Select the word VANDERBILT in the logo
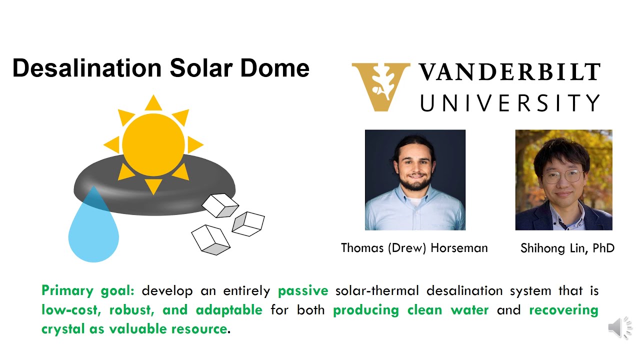pyautogui.click(x=509, y=72)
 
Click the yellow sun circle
pyautogui.click(x=153, y=144)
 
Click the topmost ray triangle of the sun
pyautogui.click(x=153, y=103)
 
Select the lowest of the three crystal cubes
pyautogui.click(x=210, y=239)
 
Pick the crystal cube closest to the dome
pyautogui.click(x=220, y=205)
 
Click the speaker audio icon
pyautogui.click(x=618, y=328)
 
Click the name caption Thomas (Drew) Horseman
pyautogui.click(x=414, y=248)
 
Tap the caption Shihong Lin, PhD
pyautogui.click(x=567, y=248)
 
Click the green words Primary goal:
pyautogui.click(x=88, y=290)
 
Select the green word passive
pyautogui.click(x=303, y=290)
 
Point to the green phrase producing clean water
pyautogui.click(x=410, y=310)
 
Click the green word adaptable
pyautogui.click(x=229, y=310)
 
